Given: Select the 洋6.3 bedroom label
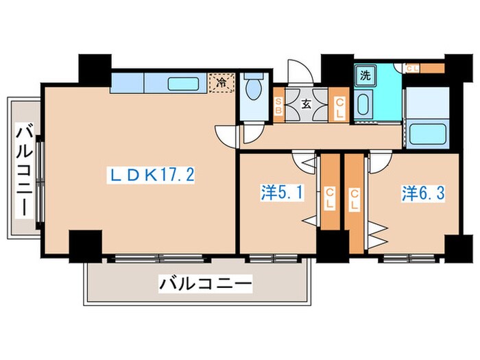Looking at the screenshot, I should coord(424,193).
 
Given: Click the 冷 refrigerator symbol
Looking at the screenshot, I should coord(222,83).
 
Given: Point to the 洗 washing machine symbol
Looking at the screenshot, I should coord(364,75).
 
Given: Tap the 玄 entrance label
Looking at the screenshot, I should coord(307,105).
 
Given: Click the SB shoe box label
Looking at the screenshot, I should coord(278,107).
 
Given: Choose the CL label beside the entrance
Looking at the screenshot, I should coord(339,107).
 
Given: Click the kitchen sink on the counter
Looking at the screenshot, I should coord(184,84).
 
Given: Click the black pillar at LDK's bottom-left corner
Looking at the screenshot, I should coord(85,245).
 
